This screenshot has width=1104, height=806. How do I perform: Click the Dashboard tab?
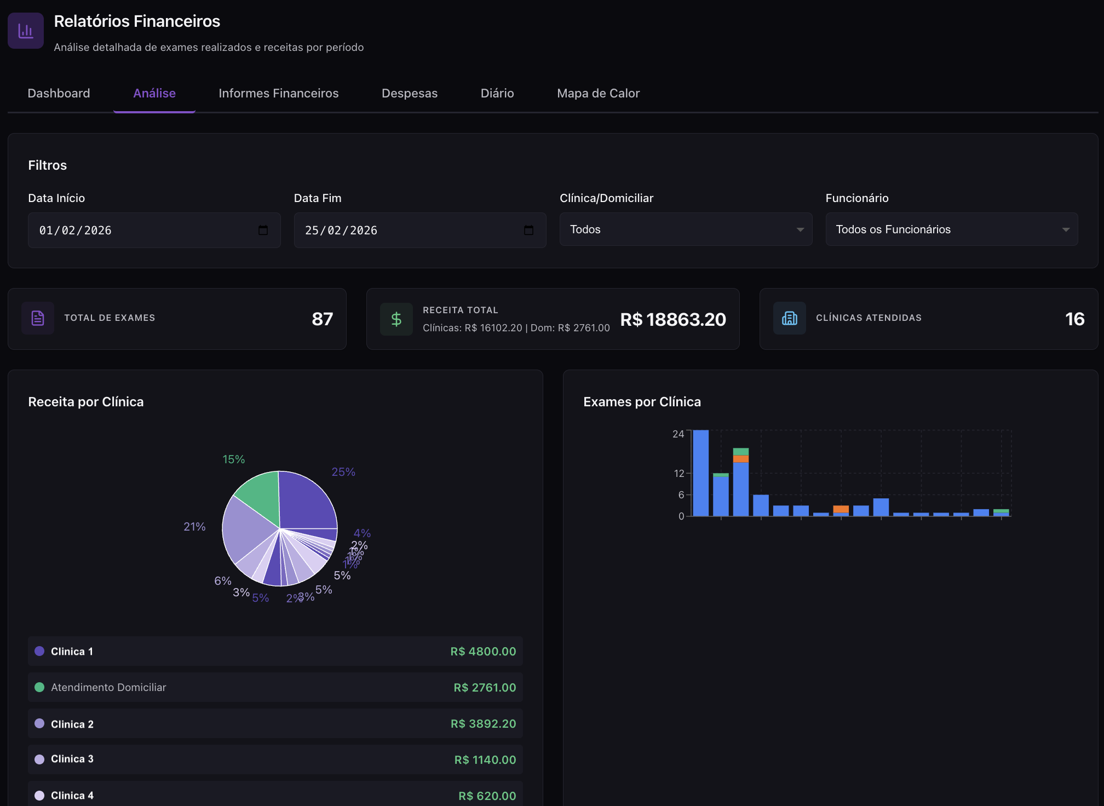59,94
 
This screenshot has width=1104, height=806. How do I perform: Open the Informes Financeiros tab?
278,94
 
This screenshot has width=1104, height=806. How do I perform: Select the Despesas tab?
409,94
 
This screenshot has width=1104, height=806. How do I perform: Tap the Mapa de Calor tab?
598,94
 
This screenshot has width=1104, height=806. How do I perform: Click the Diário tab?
497,94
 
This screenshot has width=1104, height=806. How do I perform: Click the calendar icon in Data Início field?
263,230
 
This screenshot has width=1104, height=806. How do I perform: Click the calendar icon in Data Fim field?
528,230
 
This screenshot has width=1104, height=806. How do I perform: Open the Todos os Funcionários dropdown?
951,229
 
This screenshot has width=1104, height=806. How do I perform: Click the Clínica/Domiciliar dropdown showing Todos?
686,229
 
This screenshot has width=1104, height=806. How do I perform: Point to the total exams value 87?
322,319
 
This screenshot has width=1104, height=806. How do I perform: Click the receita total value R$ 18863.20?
672,319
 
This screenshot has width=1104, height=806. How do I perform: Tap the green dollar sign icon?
396,319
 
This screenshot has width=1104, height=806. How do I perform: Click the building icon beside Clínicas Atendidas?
789,318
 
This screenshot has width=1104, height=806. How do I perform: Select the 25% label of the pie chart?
343,472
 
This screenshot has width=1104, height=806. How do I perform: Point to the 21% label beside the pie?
194,527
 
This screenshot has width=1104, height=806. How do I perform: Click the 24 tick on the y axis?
678,434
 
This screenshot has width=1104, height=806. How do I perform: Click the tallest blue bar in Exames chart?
700,473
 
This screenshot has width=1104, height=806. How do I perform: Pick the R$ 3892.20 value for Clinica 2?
483,724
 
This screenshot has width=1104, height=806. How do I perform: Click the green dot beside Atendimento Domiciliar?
39,687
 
